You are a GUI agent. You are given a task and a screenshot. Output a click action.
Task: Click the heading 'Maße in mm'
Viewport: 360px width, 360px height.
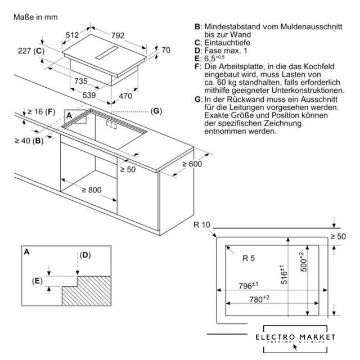coord(36,18)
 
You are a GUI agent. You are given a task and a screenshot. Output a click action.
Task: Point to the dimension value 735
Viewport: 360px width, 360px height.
coord(82,82)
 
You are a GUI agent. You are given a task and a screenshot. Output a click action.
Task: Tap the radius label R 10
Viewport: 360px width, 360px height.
coord(201,226)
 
